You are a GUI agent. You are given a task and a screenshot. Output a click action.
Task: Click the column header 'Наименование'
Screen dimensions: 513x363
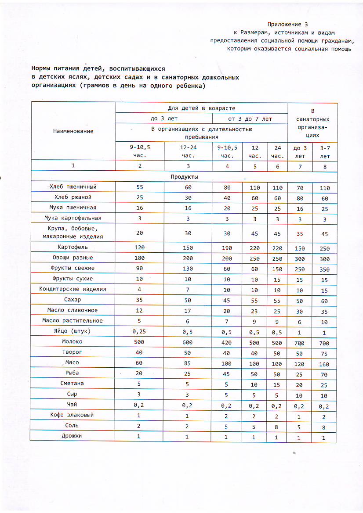73,131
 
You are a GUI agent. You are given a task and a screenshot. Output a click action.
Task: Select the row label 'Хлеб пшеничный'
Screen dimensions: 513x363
73,187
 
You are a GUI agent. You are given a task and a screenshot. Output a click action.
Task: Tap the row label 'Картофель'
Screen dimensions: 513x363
73,248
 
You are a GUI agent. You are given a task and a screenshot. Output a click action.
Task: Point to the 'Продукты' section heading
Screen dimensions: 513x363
184,177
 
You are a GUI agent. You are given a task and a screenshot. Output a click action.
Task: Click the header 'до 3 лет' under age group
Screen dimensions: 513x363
163,118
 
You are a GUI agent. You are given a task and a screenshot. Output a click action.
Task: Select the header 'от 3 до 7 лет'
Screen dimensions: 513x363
250,118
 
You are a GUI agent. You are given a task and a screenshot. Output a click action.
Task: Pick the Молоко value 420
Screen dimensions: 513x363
226,342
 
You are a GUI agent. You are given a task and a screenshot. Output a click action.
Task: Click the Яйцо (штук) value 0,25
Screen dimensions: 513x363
139,332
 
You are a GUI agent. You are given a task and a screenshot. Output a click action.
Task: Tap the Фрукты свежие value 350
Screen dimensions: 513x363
325,269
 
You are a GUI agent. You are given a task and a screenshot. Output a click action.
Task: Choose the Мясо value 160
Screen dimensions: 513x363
325,364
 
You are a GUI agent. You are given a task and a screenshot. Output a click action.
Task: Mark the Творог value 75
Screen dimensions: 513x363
325,353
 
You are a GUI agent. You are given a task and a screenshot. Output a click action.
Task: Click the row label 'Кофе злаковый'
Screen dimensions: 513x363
73,415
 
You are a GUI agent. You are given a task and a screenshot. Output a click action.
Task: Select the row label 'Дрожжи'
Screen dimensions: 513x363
73,436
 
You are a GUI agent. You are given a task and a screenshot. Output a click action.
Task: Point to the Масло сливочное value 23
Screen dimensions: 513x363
254,311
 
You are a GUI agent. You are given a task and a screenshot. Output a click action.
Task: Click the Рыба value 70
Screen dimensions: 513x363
325,374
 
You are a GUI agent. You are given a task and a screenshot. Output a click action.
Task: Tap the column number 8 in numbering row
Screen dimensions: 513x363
325,166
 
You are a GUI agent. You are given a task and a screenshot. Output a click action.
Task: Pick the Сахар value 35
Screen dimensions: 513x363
139,300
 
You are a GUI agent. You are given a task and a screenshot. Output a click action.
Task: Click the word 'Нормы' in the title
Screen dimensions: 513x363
41,69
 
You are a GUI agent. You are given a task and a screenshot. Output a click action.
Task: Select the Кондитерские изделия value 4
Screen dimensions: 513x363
139,290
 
